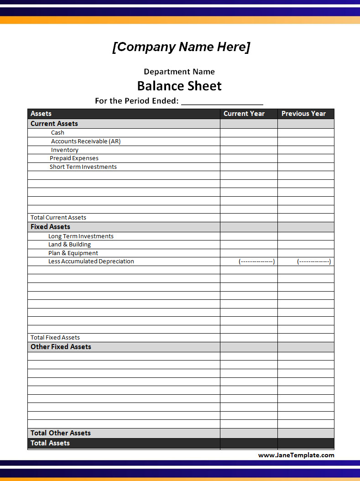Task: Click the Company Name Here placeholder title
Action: [x=181, y=47]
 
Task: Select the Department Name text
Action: [x=179, y=72]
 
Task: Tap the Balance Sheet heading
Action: [x=179, y=86]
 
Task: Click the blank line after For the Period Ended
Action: [x=222, y=101]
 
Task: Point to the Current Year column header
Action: [x=244, y=114]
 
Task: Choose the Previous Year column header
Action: [x=303, y=114]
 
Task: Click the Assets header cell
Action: [x=41, y=114]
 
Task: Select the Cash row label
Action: [x=57, y=133]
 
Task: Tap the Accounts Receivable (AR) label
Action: [x=86, y=141]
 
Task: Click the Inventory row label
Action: [x=65, y=150]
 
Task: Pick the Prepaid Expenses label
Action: [x=74, y=158]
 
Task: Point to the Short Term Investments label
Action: [x=83, y=167]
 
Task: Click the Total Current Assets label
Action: [x=58, y=218]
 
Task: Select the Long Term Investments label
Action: [x=81, y=236]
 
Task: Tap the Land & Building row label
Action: [x=69, y=245]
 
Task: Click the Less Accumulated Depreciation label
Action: [x=91, y=261]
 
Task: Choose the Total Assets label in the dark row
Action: [x=50, y=443]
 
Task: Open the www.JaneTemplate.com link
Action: [x=296, y=455]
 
